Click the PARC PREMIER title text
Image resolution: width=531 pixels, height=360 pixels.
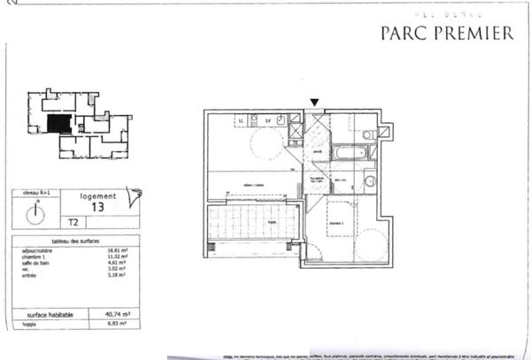click(x=446, y=34)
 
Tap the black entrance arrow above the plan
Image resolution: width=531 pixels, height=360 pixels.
click(x=312, y=103)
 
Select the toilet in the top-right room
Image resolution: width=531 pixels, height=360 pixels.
click(x=368, y=134)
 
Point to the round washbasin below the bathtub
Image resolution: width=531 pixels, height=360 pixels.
click(x=370, y=181)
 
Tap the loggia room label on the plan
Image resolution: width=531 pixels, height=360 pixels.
click(x=273, y=221)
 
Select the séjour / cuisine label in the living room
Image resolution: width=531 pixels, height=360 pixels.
click(x=255, y=184)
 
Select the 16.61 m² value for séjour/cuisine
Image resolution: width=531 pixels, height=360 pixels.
click(x=117, y=251)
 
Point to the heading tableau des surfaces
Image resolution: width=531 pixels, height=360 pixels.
click(x=73, y=241)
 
